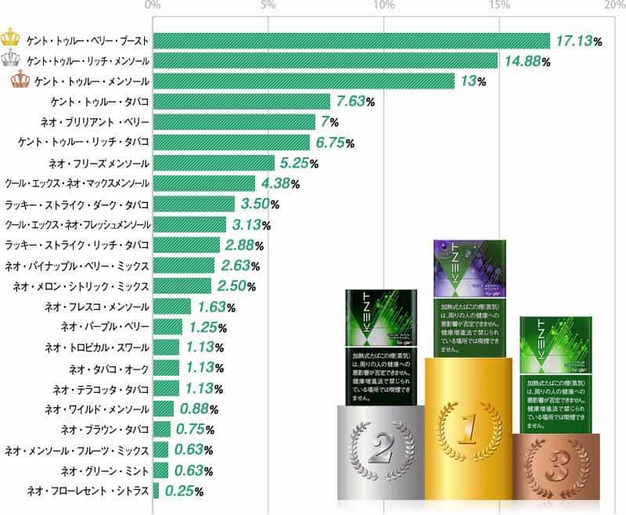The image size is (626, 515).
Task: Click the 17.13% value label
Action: click(x=578, y=40)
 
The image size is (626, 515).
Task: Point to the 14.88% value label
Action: click(x=526, y=60)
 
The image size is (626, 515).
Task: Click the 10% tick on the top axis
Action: click(x=383, y=6)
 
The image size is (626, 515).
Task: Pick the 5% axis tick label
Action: click(x=268, y=6)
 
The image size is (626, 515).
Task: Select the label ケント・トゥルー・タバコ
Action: click(x=99, y=101)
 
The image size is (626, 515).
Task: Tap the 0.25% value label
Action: click(x=183, y=492)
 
